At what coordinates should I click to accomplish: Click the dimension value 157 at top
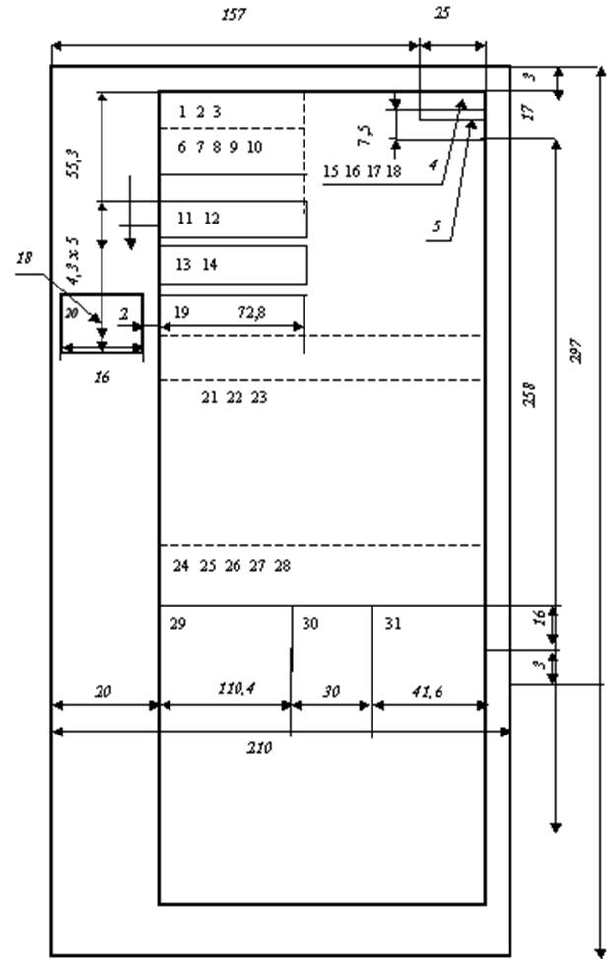pos(234,15)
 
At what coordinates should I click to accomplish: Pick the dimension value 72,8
pos(254,312)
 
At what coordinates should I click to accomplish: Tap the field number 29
pos(177,624)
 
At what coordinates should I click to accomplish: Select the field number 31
pos(393,624)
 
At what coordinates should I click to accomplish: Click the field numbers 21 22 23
pos(234,398)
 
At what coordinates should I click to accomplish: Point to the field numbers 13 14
pos(196,265)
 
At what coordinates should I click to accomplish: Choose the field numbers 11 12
pos(198,219)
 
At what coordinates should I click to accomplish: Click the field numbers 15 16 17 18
pos(363,171)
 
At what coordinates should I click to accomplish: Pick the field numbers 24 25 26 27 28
pos(232,566)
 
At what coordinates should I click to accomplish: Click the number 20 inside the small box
pos(70,312)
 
